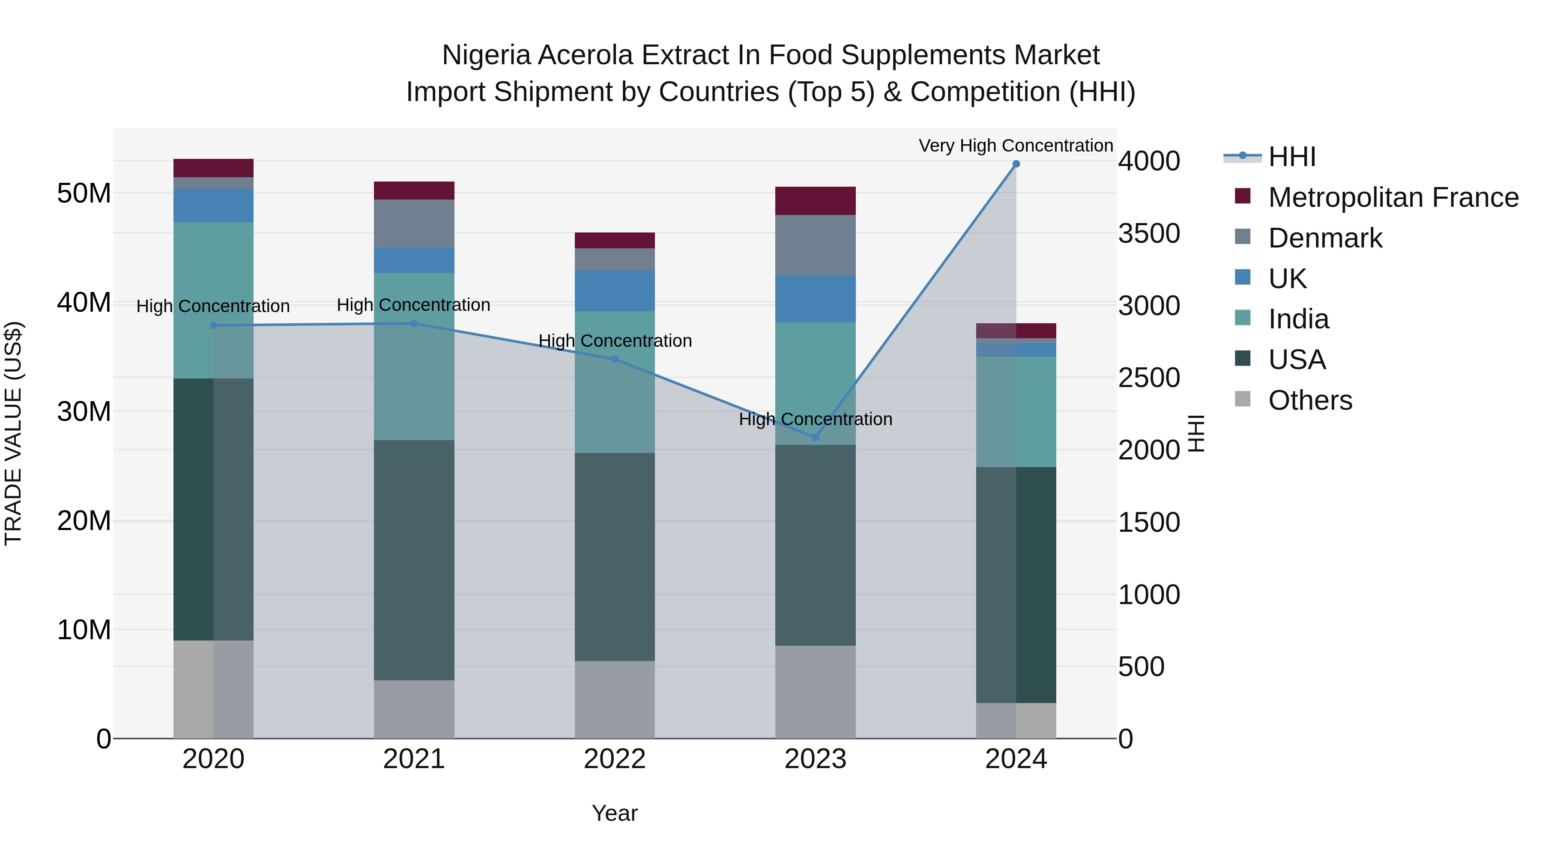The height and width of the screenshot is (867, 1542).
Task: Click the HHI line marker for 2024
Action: click(x=1016, y=164)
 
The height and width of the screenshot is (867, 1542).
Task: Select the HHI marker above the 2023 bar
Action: click(x=815, y=438)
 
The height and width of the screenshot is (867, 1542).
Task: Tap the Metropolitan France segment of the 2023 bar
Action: click(x=815, y=200)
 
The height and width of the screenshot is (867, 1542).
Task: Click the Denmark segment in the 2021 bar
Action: click(x=414, y=223)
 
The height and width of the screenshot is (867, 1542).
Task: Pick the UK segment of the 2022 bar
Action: click(x=615, y=291)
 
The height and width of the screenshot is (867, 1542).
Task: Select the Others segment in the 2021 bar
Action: click(x=414, y=709)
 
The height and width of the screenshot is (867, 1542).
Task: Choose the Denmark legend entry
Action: click(x=1325, y=238)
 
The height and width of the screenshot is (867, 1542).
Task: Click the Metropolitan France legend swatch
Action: click(x=1243, y=196)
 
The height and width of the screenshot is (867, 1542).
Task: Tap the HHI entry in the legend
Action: click(x=1292, y=157)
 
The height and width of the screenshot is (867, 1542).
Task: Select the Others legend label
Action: click(x=1310, y=400)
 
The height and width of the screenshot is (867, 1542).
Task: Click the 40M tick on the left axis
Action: click(x=84, y=303)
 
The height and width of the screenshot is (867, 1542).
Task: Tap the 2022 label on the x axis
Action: click(x=615, y=759)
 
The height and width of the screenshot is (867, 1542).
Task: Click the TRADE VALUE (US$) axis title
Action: click(x=13, y=433)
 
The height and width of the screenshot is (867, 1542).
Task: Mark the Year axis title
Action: click(x=615, y=813)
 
